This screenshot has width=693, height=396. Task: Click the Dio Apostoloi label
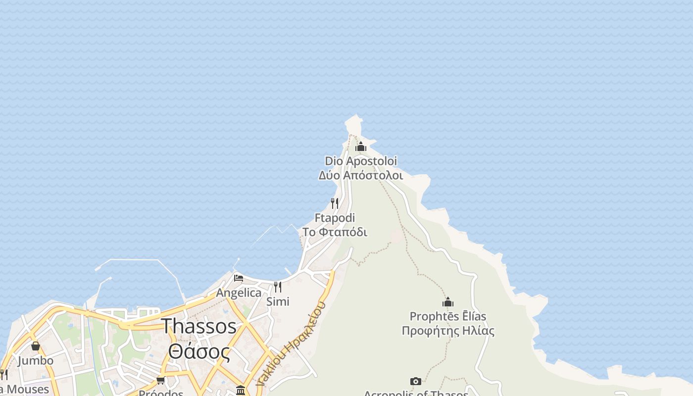pyautogui.click(x=360, y=161)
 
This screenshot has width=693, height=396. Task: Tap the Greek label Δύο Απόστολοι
pyautogui.click(x=360, y=175)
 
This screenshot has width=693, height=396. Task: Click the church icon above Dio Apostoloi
pyautogui.click(x=361, y=147)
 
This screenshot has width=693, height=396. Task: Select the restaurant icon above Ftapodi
pyautogui.click(x=335, y=203)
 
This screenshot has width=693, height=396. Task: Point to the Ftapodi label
pyautogui.click(x=335, y=218)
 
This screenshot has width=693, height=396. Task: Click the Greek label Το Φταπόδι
pyautogui.click(x=335, y=232)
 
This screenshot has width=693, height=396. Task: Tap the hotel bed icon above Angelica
pyautogui.click(x=239, y=278)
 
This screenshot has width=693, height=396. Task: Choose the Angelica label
pyautogui.click(x=239, y=293)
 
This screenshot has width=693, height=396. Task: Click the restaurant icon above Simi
pyautogui.click(x=278, y=287)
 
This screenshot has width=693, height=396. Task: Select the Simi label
pyautogui.click(x=278, y=301)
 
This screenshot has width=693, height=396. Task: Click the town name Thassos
pyautogui.click(x=199, y=326)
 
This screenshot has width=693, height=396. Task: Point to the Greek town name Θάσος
pyautogui.click(x=199, y=351)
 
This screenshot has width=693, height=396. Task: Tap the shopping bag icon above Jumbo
pyautogui.click(x=36, y=346)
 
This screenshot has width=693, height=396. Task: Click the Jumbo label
pyautogui.click(x=36, y=360)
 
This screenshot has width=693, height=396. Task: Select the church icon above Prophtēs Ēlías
pyautogui.click(x=448, y=302)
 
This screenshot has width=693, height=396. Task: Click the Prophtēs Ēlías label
pyautogui.click(x=448, y=316)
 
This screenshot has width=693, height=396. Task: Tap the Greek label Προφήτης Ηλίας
pyautogui.click(x=448, y=331)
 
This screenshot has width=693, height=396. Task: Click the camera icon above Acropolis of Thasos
pyautogui.click(x=416, y=381)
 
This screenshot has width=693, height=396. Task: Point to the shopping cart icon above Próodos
pyautogui.click(x=160, y=380)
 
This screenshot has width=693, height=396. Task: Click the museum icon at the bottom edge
pyautogui.click(x=241, y=391)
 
